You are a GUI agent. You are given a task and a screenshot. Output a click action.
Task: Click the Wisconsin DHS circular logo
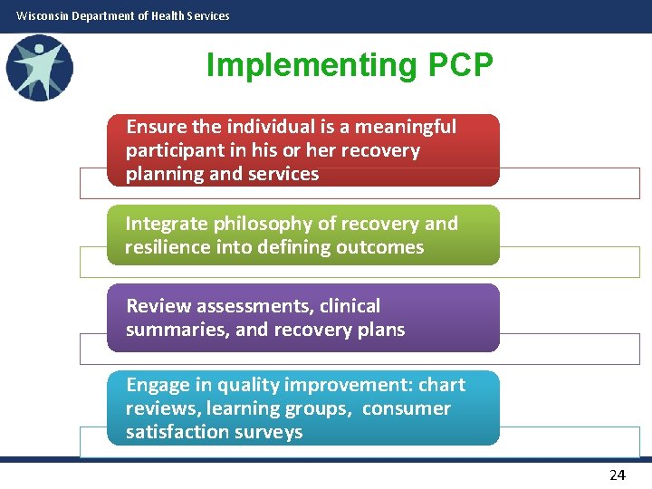pos(39,68)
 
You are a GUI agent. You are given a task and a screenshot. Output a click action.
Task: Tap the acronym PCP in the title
pos(457,65)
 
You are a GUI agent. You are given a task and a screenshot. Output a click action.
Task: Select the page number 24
pos(618,475)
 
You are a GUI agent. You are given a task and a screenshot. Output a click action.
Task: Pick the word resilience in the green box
pos(167,247)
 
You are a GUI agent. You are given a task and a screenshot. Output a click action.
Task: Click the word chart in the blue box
pos(444,385)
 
